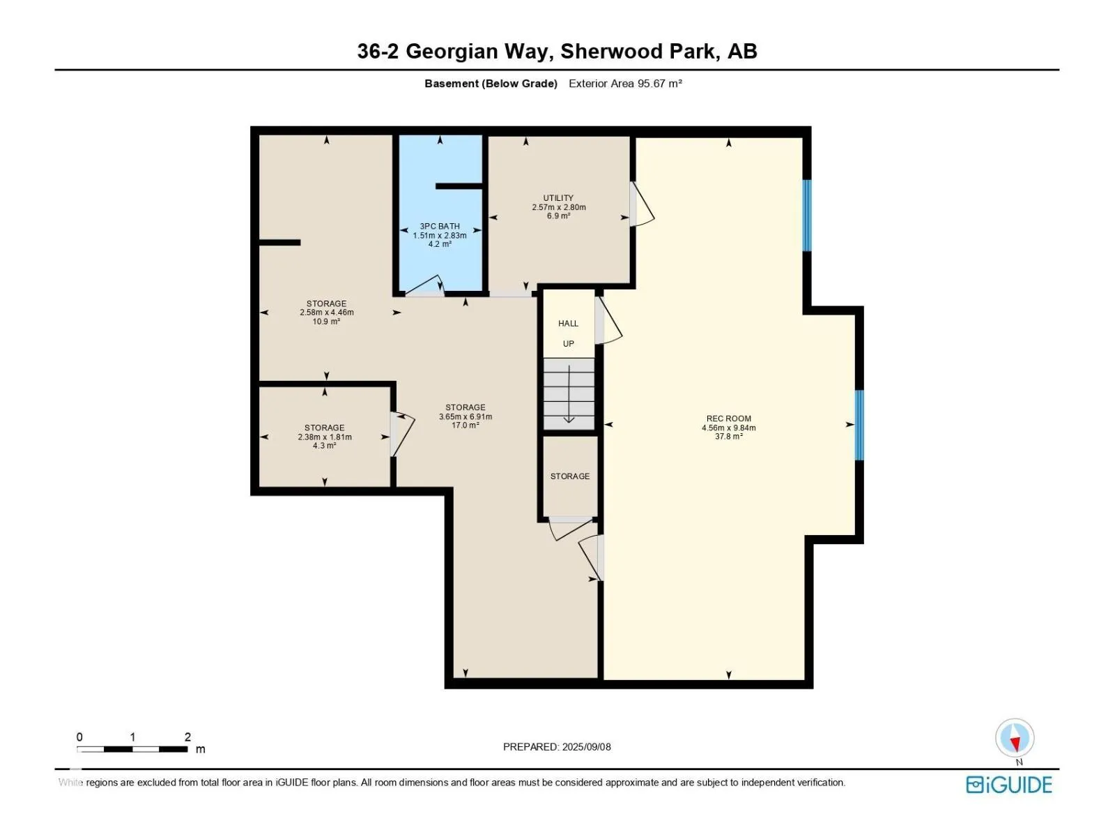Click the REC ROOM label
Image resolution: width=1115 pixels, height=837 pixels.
(x=728, y=418)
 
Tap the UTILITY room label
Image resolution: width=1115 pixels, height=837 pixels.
(x=558, y=197)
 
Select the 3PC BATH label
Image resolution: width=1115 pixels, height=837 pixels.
(x=440, y=226)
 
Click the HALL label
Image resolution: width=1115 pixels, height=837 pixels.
(x=568, y=323)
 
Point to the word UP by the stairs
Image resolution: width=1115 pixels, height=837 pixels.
(x=569, y=344)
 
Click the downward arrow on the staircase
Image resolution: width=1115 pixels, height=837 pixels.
(x=569, y=394)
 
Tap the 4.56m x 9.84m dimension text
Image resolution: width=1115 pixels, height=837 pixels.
(x=728, y=428)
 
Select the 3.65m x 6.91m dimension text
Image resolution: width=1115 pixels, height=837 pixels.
(x=466, y=416)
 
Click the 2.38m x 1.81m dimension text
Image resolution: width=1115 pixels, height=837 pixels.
(x=325, y=437)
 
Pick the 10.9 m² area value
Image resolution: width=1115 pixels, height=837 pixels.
(x=326, y=321)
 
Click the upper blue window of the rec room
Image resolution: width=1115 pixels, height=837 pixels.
(x=807, y=216)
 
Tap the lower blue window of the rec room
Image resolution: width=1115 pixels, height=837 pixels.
(x=859, y=425)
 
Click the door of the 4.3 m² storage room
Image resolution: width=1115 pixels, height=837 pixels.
(x=403, y=433)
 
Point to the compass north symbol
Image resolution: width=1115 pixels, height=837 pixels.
(x=1015, y=738)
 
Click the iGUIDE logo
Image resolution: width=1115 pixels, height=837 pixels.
(x=1009, y=785)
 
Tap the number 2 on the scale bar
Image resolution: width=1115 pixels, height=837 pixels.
(x=187, y=737)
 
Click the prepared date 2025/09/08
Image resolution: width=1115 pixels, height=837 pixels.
(x=586, y=747)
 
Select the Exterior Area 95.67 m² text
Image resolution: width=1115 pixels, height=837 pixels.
(x=625, y=84)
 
